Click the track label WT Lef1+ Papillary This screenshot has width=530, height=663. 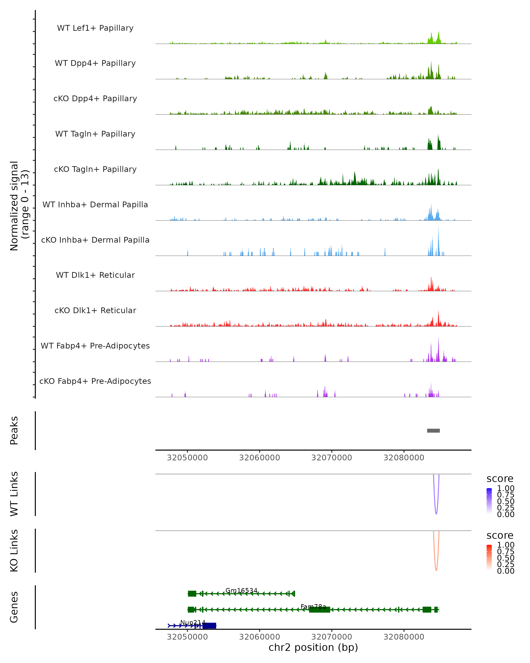coord(95,28)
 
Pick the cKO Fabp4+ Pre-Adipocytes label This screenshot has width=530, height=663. coord(95,381)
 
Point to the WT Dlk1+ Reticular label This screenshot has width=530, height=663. coord(95,275)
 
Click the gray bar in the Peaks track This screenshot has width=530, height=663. coord(433,431)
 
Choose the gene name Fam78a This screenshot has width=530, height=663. coord(313,607)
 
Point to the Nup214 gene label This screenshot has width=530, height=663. coord(193,623)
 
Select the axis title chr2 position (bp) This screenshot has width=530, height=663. coord(313,648)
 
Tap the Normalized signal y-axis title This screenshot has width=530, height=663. coord(19,206)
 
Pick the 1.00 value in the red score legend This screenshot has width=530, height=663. coord(505,545)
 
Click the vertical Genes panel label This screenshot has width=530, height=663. coord(14,607)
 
